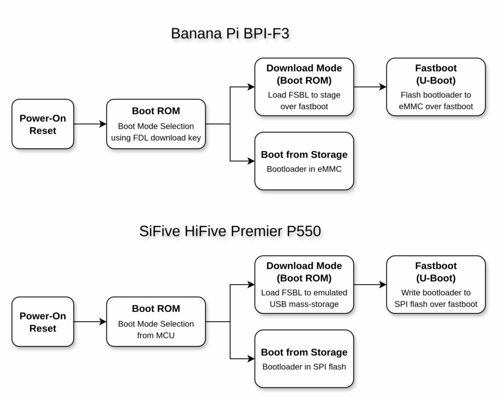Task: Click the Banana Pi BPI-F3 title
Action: pyautogui.click(x=230, y=34)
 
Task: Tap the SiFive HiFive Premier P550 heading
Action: pyautogui.click(x=230, y=231)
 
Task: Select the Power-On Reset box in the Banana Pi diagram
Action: pyautogui.click(x=43, y=124)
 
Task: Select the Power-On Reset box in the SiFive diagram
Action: pyautogui.click(x=43, y=322)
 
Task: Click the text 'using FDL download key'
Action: pyautogui.click(x=156, y=138)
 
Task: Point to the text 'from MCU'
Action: pyautogui.click(x=156, y=335)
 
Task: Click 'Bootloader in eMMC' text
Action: pyautogui.click(x=304, y=169)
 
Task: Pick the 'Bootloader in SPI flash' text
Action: pyautogui.click(x=304, y=366)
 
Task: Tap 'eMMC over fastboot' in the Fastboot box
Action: pyautogui.click(x=436, y=106)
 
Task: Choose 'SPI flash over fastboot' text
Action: pyautogui.click(x=436, y=304)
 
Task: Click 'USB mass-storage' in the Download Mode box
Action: pyautogui.click(x=304, y=304)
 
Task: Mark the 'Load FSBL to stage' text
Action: pyautogui.click(x=304, y=95)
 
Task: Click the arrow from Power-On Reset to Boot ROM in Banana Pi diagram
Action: pyautogui.click(x=90, y=124)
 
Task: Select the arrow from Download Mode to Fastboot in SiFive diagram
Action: pyautogui.click(x=370, y=285)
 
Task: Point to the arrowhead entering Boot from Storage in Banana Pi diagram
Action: pyautogui.click(x=251, y=161)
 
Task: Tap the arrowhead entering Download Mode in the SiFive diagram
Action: pyautogui.click(x=251, y=285)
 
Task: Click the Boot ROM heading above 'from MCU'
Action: pyautogui.click(x=156, y=308)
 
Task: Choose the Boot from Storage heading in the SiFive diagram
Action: pyautogui.click(x=304, y=352)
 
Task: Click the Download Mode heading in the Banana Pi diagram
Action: pyautogui.click(x=304, y=74)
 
